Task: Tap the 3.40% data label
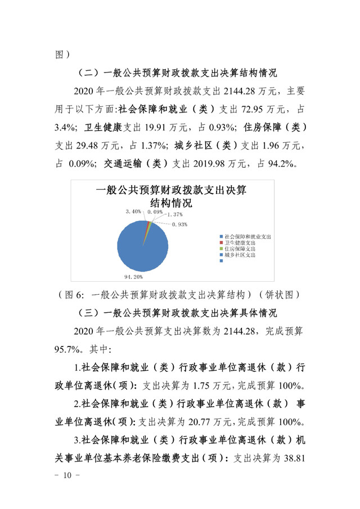[x=134, y=211]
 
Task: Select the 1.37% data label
[x=174, y=215]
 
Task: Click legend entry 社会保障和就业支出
[x=247, y=237]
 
